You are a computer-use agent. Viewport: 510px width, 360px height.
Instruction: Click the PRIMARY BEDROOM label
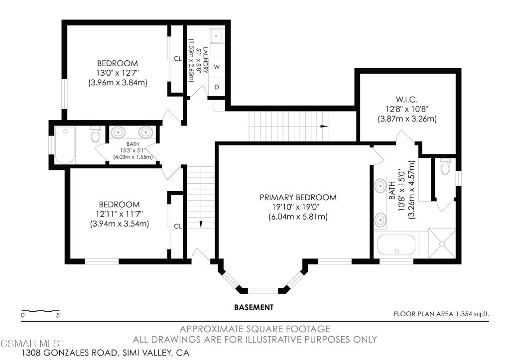(298, 198)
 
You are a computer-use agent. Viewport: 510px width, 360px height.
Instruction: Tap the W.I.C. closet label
(407, 99)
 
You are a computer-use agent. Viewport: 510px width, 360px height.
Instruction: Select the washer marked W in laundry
(217, 66)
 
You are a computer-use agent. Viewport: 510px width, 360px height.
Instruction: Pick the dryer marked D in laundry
(217, 87)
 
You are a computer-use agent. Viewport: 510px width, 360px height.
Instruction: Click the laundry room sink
(216, 36)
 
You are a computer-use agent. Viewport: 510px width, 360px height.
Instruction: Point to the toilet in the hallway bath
(96, 134)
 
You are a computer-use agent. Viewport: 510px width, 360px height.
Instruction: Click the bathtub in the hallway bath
(65, 144)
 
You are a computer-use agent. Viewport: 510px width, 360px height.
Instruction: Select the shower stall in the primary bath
(441, 244)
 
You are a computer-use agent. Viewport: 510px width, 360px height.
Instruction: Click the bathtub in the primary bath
(395, 245)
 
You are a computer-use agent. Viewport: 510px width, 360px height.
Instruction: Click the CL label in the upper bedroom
(177, 59)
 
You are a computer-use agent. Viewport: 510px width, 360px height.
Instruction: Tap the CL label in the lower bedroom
(177, 226)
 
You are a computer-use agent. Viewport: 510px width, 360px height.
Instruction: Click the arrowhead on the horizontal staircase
(324, 126)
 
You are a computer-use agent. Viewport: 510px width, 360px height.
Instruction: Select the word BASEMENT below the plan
(254, 307)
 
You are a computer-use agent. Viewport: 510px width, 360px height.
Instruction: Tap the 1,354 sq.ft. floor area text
(471, 314)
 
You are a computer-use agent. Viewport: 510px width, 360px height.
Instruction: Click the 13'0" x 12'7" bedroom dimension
(118, 73)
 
